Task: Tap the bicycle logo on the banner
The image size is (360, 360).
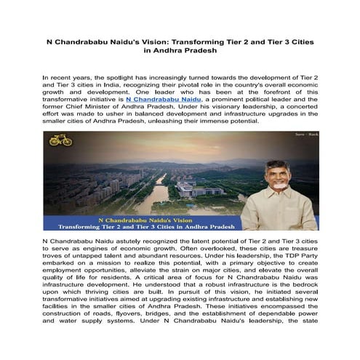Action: point(61,140)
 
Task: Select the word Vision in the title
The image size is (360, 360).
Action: point(148,42)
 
